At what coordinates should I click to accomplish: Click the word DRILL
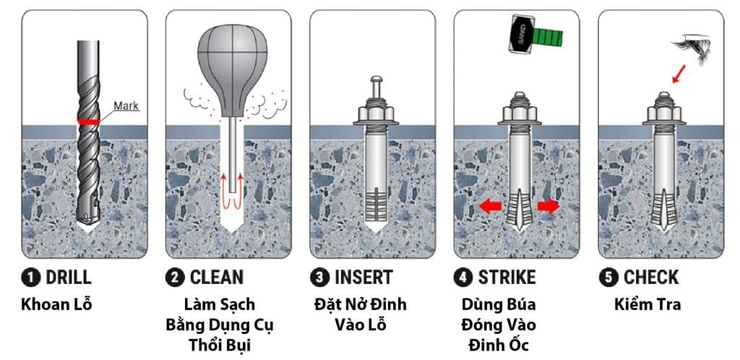coord(69,278)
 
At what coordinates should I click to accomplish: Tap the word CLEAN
coord(217,278)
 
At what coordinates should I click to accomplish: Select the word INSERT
coord(363,278)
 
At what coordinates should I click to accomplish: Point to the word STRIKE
coord(506,278)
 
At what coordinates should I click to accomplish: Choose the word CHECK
coord(651,278)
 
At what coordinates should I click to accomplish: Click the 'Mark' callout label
coord(126,106)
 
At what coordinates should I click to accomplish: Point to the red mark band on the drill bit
coord(88,122)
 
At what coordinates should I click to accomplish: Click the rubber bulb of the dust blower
coord(228,62)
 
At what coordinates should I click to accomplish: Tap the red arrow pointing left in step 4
coord(490,207)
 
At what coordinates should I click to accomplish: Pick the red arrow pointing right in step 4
coord(549,207)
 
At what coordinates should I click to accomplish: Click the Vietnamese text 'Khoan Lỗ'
coord(56,304)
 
